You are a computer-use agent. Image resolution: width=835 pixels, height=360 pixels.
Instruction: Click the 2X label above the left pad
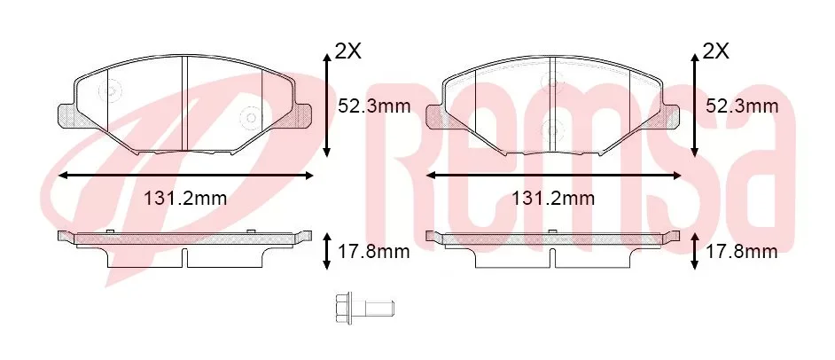(x=347, y=52)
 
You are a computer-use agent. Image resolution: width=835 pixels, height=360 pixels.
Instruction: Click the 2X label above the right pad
(x=714, y=52)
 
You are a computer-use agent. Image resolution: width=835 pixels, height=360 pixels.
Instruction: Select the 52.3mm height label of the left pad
(x=374, y=107)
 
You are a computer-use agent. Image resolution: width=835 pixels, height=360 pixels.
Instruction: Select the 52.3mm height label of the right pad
(x=741, y=107)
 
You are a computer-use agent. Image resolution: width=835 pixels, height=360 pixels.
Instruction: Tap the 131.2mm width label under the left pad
(x=185, y=199)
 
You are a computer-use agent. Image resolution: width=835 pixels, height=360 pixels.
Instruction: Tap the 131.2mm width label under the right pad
(x=553, y=199)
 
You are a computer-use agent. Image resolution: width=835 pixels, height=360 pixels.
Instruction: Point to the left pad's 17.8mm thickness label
(x=374, y=252)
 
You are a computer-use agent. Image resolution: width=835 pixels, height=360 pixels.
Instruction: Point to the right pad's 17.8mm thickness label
(x=741, y=252)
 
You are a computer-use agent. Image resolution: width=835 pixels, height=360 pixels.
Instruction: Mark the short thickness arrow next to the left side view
(x=328, y=252)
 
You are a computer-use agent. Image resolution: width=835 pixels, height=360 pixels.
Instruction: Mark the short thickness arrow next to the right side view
(x=694, y=252)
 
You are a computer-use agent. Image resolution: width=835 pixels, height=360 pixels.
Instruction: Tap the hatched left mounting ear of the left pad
(x=66, y=114)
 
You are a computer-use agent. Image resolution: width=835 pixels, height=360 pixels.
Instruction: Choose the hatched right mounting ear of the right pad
(x=670, y=114)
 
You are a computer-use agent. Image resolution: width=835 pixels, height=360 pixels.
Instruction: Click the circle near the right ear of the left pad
(x=250, y=118)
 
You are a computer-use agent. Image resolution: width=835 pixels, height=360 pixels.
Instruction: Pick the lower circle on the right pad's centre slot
(x=556, y=128)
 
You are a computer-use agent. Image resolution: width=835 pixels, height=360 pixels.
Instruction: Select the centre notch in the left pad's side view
(x=184, y=257)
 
